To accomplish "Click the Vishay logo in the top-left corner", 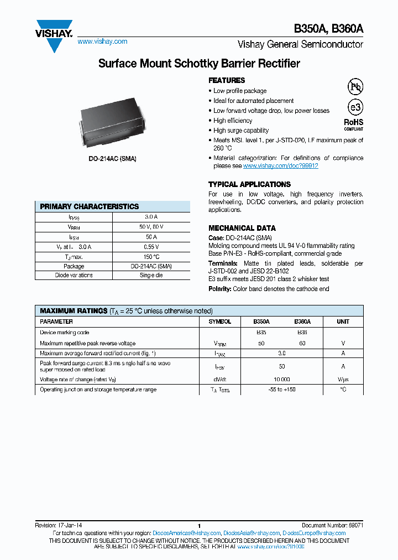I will [x=54, y=34].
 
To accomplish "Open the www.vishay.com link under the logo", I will [x=102, y=42].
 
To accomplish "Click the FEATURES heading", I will [x=227, y=80].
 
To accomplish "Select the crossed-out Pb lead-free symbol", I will [x=354, y=86].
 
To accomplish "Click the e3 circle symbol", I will [x=354, y=107].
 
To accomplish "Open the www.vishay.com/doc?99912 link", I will [x=280, y=165].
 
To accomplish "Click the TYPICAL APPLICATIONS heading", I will [x=249, y=184].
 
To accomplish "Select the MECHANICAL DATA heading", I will [x=242, y=228].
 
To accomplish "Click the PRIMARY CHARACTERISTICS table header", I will [x=90, y=206].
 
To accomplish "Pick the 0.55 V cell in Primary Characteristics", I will [x=151, y=247].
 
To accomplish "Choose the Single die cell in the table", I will [x=151, y=275].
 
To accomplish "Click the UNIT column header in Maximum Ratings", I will [x=343, y=322].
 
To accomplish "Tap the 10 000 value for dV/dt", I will [x=281, y=380].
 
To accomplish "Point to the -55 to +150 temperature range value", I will [x=281, y=390].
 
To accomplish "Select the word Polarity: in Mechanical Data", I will [x=220, y=289].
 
